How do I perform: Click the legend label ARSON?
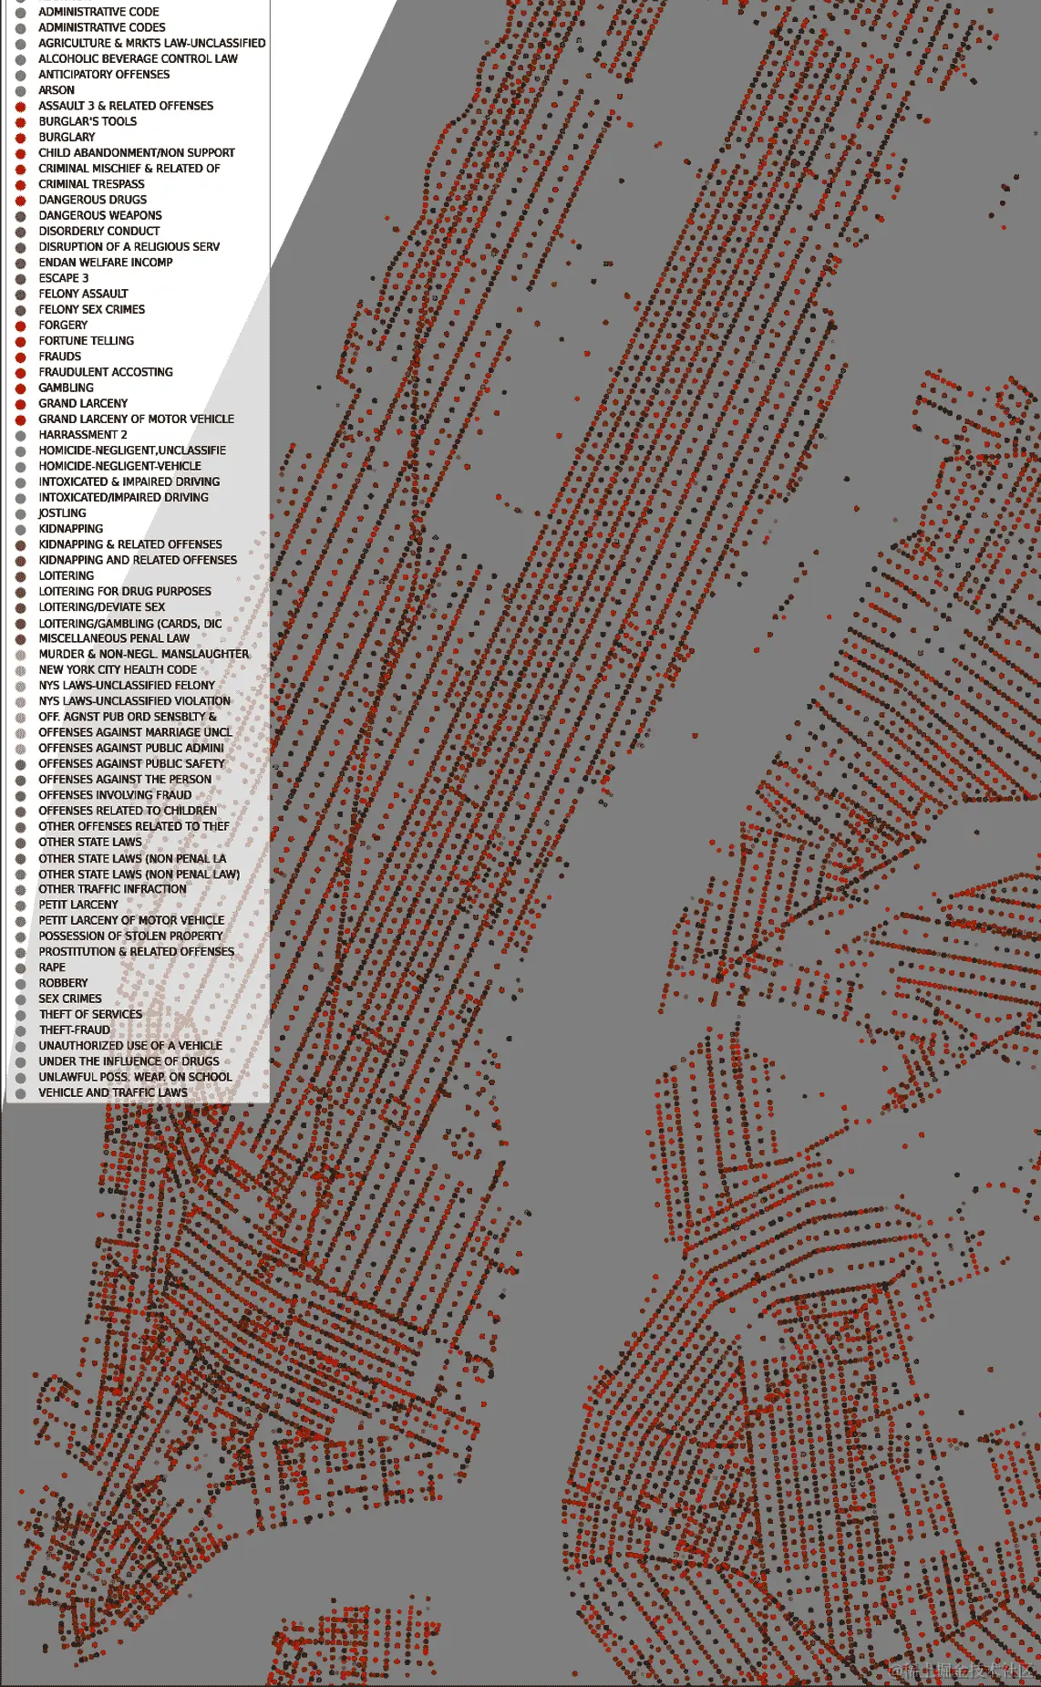(x=57, y=90)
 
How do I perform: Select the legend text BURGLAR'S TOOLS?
(x=88, y=121)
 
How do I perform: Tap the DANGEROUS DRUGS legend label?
(x=92, y=200)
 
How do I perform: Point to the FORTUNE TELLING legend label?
(x=86, y=340)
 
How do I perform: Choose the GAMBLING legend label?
(x=66, y=388)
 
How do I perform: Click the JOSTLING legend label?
(x=62, y=512)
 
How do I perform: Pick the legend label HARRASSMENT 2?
(x=82, y=435)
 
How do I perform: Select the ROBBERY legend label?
(x=63, y=983)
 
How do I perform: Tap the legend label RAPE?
(x=52, y=968)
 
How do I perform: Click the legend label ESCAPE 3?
(x=63, y=278)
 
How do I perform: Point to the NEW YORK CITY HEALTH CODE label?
(x=118, y=669)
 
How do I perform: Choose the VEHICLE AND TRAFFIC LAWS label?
(x=113, y=1092)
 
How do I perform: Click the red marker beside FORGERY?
(x=20, y=326)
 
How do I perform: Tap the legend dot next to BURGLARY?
(x=20, y=138)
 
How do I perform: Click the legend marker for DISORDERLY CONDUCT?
(x=20, y=232)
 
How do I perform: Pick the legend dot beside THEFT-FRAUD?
(x=20, y=1030)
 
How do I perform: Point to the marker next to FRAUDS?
(x=20, y=357)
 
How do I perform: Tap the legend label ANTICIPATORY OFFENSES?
(x=104, y=75)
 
